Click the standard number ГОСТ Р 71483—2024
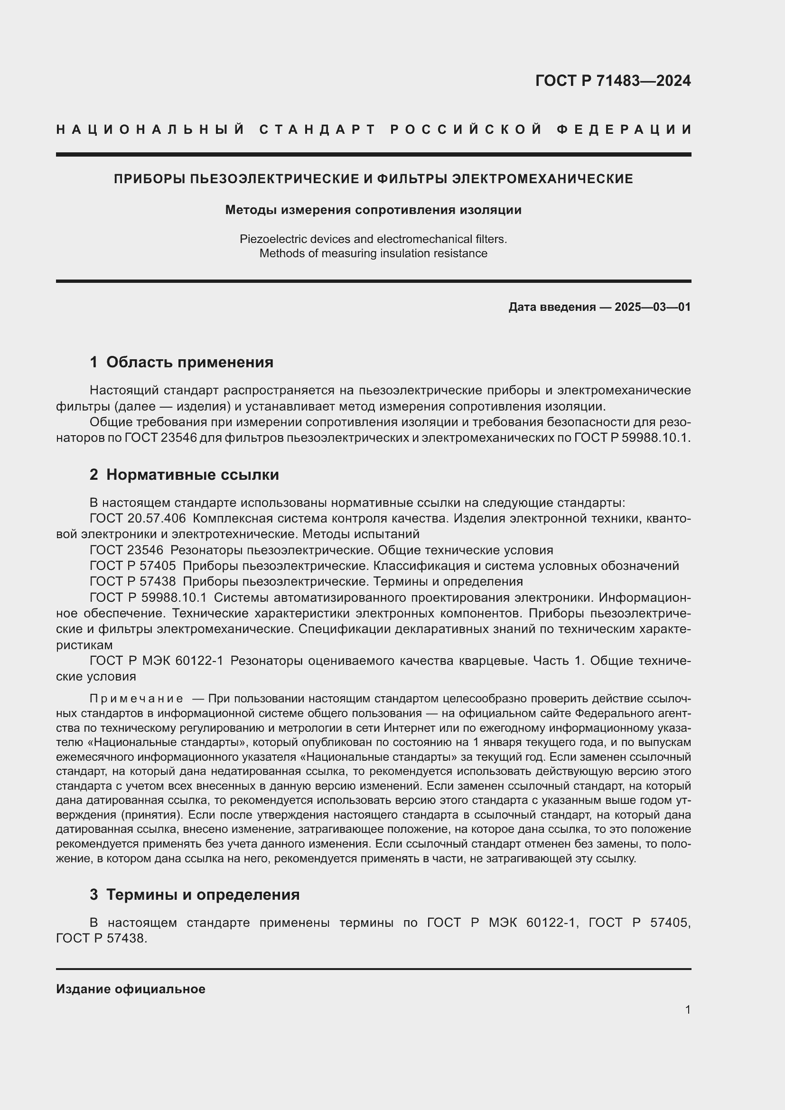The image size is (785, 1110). pos(612,81)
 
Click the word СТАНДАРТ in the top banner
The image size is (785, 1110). pos(318,130)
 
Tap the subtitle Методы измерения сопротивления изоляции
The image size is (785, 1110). pos(373,210)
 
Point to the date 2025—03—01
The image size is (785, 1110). pos(652,307)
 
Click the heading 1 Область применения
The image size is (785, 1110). pos(181,362)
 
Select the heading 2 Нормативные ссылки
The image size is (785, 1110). pos(184,475)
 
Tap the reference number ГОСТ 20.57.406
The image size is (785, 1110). pos(137,518)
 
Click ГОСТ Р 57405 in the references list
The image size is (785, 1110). pos(132,566)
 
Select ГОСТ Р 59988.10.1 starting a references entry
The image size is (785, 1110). pos(148,597)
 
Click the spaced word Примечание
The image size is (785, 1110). pos(136,699)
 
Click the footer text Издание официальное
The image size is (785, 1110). pos(131,989)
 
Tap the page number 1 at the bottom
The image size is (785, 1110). pos(687,1009)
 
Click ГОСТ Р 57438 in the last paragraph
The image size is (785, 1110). pos(101,938)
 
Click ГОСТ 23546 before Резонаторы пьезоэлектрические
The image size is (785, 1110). pos(126,550)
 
